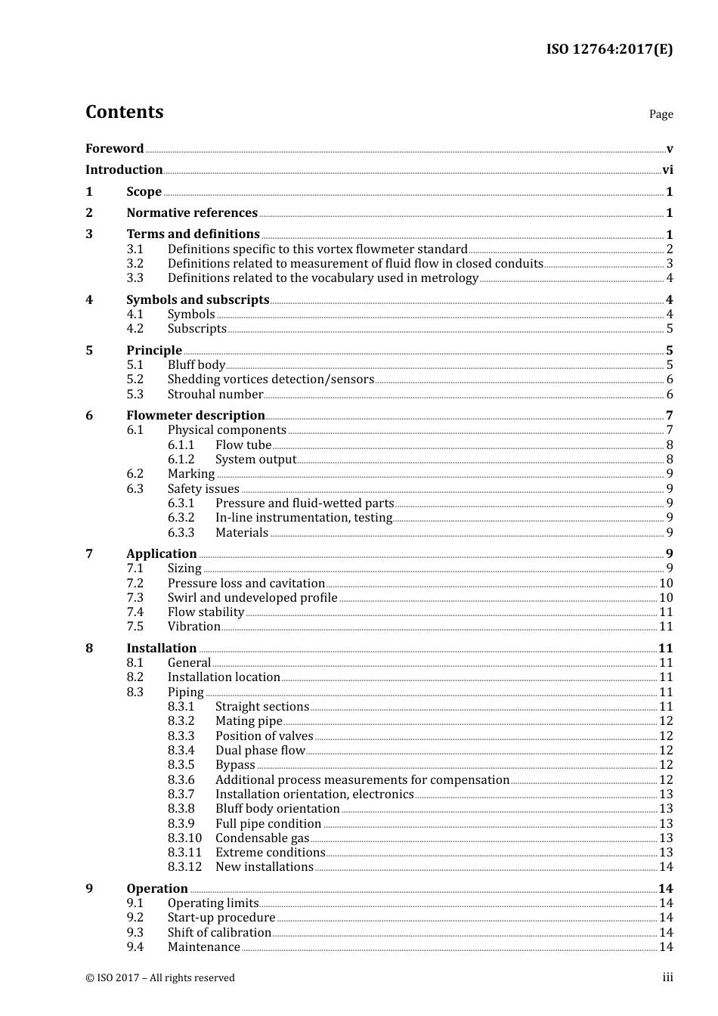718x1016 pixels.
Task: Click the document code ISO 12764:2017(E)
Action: pyautogui.click(x=609, y=50)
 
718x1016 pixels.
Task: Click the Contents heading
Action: pyautogui.click(x=124, y=112)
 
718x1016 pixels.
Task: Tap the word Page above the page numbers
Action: pyautogui.click(x=661, y=114)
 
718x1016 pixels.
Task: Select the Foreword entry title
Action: pyautogui.click(x=114, y=149)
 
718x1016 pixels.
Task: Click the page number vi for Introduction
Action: pyautogui.click(x=667, y=170)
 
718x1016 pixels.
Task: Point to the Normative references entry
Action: pyautogui.click(x=192, y=213)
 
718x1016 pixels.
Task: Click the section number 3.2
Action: pyautogui.click(x=135, y=264)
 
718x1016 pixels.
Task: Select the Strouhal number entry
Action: pyautogui.click(x=215, y=395)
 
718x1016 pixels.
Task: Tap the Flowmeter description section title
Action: pyautogui.click(x=195, y=416)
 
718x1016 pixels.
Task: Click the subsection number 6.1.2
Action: pyautogui.click(x=181, y=460)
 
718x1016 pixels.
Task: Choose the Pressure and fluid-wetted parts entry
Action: pyautogui.click(x=305, y=503)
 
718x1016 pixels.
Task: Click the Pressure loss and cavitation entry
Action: pyautogui.click(x=246, y=584)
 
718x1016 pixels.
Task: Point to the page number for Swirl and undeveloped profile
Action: pyautogui.click(x=666, y=598)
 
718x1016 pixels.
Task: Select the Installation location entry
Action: pyautogui.click(x=224, y=677)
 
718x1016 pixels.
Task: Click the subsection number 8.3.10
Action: pyautogui.click(x=184, y=838)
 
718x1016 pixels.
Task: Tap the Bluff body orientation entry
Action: pyautogui.click(x=277, y=809)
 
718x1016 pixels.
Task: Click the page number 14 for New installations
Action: pyautogui.click(x=666, y=867)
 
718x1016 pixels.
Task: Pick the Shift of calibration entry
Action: pyautogui.click(x=219, y=933)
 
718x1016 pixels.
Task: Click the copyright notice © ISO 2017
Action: pyautogui.click(x=160, y=978)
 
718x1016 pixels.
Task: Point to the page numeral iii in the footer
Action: pyautogui.click(x=667, y=978)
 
